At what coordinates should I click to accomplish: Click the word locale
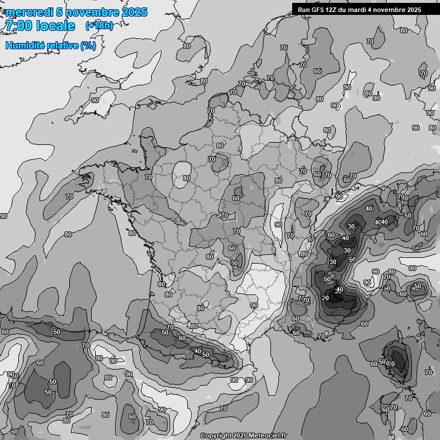click(55, 26)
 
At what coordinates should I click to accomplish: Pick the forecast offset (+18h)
click(99, 26)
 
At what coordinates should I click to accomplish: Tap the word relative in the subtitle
click(63, 45)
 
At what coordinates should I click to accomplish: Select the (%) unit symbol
click(88, 45)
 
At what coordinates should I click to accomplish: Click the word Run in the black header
click(304, 10)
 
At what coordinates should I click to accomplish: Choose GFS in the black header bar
click(317, 10)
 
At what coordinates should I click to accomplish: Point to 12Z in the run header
click(331, 10)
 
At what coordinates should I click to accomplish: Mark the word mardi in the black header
click(359, 10)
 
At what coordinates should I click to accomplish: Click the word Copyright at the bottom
click(215, 436)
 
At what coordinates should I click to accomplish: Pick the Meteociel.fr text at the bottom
click(268, 436)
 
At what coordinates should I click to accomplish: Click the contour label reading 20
click(325, 298)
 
